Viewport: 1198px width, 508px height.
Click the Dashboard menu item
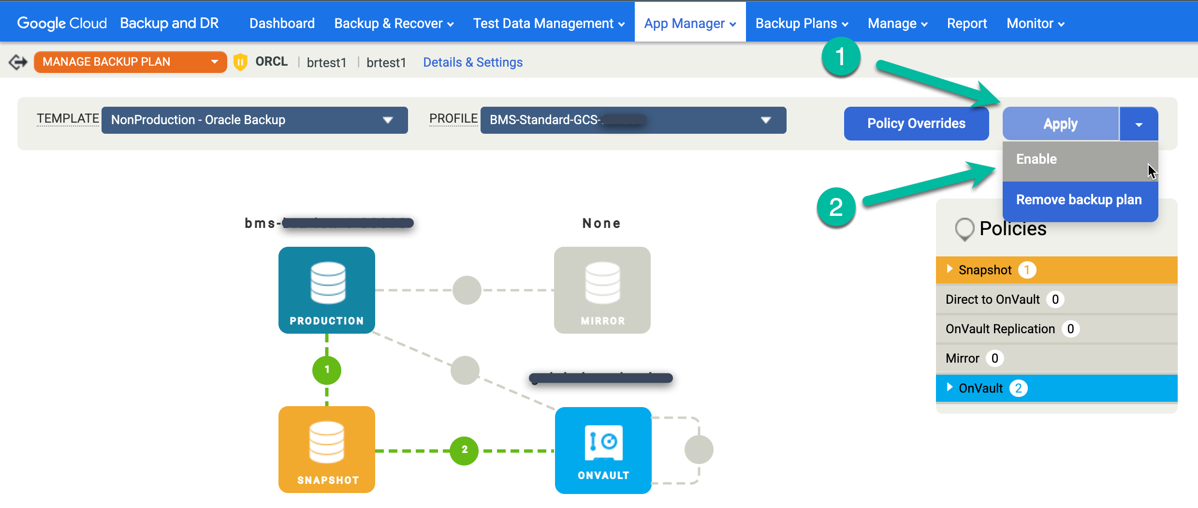[282, 23]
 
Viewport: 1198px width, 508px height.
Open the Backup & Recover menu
[394, 23]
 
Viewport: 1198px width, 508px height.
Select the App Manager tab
[689, 23]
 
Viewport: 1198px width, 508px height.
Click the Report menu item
[966, 23]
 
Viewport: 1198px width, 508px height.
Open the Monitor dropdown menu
[1035, 23]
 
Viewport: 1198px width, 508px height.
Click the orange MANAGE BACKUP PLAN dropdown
[130, 62]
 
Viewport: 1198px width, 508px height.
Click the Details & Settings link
[472, 62]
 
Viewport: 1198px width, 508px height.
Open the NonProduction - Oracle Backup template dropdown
[254, 120]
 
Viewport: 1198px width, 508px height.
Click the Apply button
[1060, 124]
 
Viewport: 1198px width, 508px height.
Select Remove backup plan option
[1079, 200]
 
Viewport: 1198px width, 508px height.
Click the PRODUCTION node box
[327, 290]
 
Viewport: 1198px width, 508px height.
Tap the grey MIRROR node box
[602, 290]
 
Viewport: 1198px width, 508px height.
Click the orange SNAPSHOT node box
[327, 449]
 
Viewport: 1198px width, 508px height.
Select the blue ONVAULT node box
[603, 450]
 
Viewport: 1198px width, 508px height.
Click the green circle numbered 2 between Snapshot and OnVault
[464, 450]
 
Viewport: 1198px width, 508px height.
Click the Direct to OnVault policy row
[1056, 299]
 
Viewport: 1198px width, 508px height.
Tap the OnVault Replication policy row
[1056, 329]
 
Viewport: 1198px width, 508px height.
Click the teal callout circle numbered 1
[840, 57]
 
